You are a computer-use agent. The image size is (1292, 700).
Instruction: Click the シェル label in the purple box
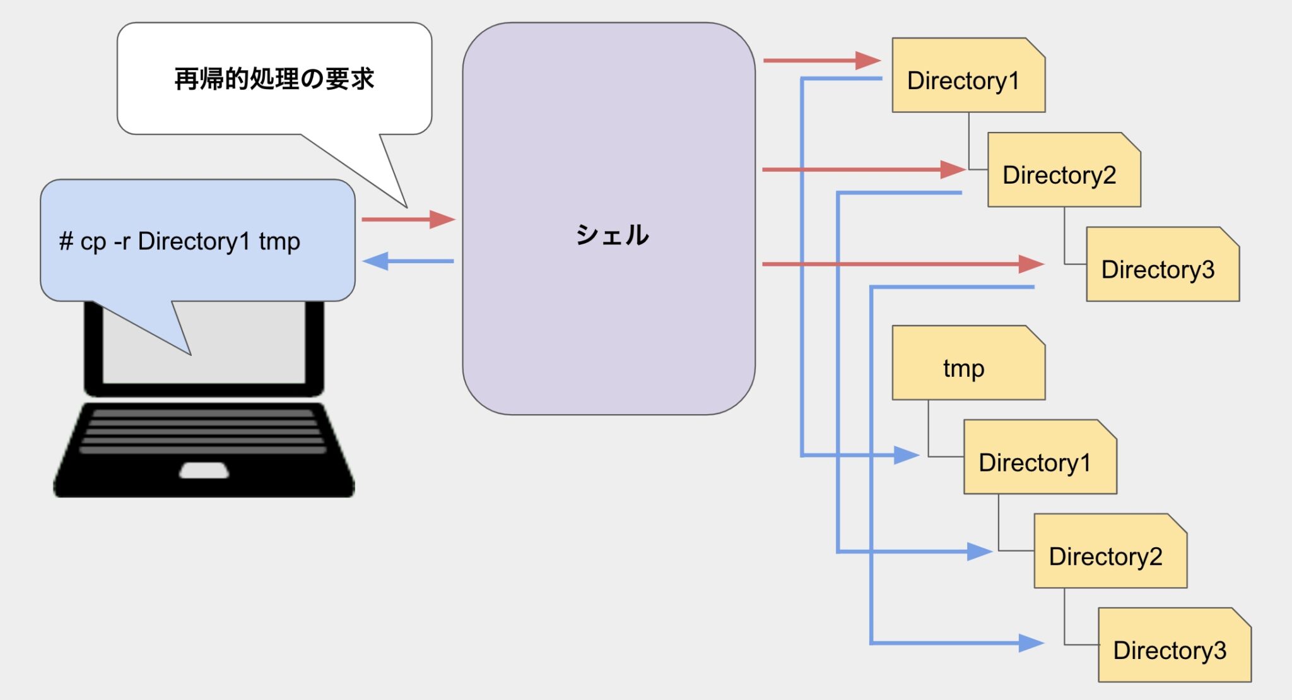click(x=611, y=235)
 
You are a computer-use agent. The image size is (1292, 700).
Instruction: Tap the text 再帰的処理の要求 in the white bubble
click(x=274, y=80)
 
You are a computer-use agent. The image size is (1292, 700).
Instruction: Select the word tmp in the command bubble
click(x=279, y=242)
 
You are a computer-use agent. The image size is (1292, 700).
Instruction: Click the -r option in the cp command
click(x=121, y=242)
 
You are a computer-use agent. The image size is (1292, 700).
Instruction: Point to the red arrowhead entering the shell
click(x=443, y=220)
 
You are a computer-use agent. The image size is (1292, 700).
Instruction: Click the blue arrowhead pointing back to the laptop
click(x=375, y=261)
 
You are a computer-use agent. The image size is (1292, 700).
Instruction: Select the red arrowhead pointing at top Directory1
click(x=869, y=61)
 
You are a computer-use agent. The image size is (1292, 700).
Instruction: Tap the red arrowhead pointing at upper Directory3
click(x=1031, y=264)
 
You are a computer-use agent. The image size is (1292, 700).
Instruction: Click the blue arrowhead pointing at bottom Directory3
click(x=1031, y=643)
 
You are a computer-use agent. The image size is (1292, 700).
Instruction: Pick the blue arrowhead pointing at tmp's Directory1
click(x=907, y=455)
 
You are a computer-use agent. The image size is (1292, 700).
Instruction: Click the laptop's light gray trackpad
click(x=204, y=470)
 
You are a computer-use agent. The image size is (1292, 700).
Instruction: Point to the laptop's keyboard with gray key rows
click(x=203, y=432)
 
